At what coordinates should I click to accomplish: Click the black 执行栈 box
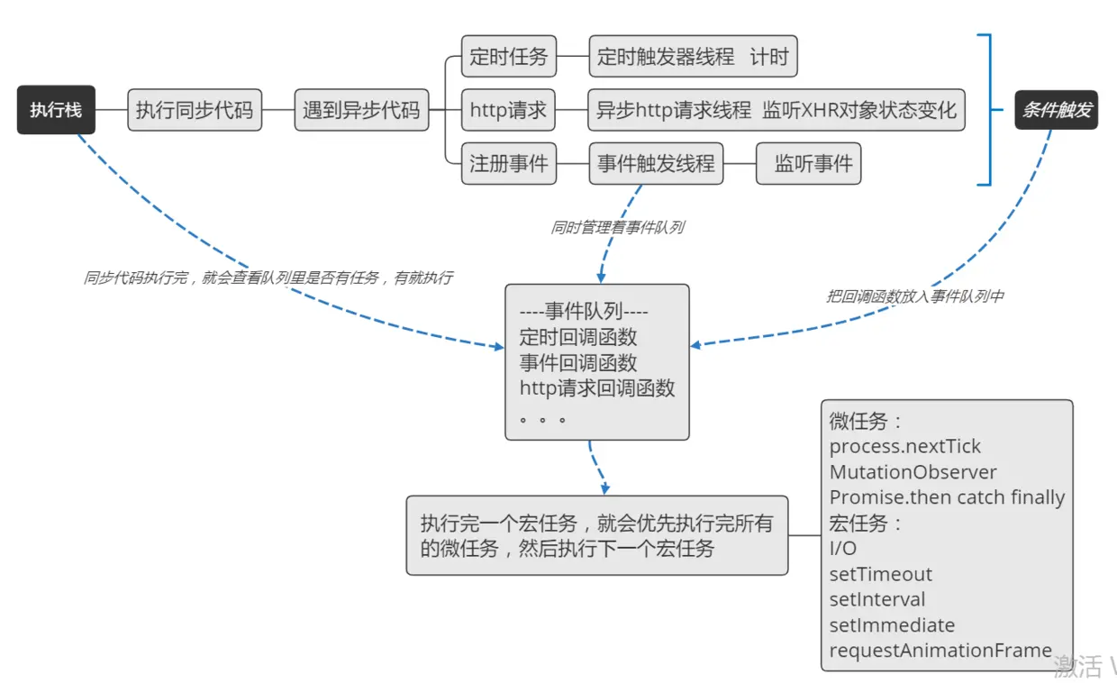pos(56,110)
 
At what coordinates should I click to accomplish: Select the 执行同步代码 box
pos(195,111)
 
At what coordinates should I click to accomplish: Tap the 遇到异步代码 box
pos(361,111)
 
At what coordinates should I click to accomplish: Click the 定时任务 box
pos(508,57)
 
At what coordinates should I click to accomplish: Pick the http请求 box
pos(508,111)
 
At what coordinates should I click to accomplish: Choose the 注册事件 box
pos(508,164)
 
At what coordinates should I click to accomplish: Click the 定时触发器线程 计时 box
pos(692,57)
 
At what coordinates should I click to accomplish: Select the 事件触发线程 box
pos(656,164)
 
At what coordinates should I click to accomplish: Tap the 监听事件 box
pos(808,164)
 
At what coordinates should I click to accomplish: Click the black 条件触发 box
pos(1056,110)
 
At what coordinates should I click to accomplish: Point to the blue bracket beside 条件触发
pos(989,110)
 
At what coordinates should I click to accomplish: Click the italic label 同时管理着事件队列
pos(617,228)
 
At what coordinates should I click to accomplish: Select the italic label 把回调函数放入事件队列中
pos(914,296)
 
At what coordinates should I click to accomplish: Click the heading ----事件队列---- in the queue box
pos(584,312)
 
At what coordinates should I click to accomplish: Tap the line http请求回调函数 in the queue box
pos(597,388)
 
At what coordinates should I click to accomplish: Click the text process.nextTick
pos(904,447)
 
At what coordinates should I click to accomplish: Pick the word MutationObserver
pos(913,472)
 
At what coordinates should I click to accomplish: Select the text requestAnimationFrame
pos(940,651)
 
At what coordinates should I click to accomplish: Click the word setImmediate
pos(892,625)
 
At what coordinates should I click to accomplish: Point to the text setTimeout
pos(880,575)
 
